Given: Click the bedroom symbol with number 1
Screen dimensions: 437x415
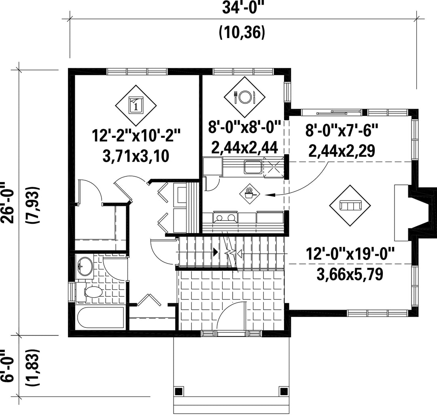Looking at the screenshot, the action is pyautogui.click(x=136, y=105).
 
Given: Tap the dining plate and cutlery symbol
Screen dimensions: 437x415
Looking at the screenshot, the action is pyautogui.click(x=245, y=97).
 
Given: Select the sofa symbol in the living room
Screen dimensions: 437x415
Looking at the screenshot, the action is pyautogui.click(x=350, y=206).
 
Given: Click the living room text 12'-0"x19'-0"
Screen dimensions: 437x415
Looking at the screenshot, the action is pyautogui.click(x=350, y=254).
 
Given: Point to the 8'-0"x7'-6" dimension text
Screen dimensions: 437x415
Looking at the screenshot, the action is pyautogui.click(x=342, y=130).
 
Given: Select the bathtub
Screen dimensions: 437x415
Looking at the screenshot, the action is pyautogui.click(x=100, y=319).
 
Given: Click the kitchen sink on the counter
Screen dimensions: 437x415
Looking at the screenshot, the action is pyautogui.click(x=253, y=167).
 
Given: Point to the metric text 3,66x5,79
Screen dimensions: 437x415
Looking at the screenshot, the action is pyautogui.click(x=350, y=274).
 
